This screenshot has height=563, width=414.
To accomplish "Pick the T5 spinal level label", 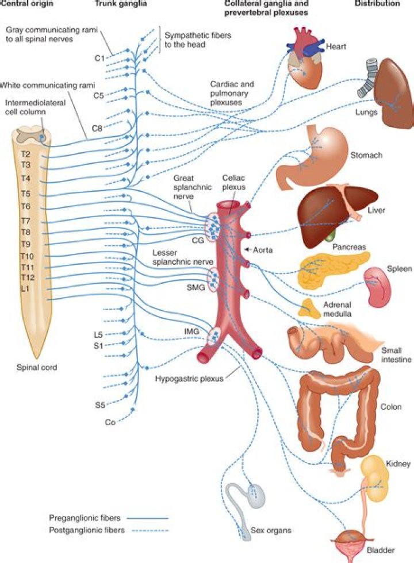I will coord(26,193).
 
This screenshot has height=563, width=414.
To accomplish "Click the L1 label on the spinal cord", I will coord(26,288).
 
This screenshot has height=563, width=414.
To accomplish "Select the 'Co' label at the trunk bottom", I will coord(109,422).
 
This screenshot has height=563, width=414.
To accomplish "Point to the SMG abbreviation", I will coord(195,287).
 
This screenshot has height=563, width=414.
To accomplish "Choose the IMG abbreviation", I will coord(193,333).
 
